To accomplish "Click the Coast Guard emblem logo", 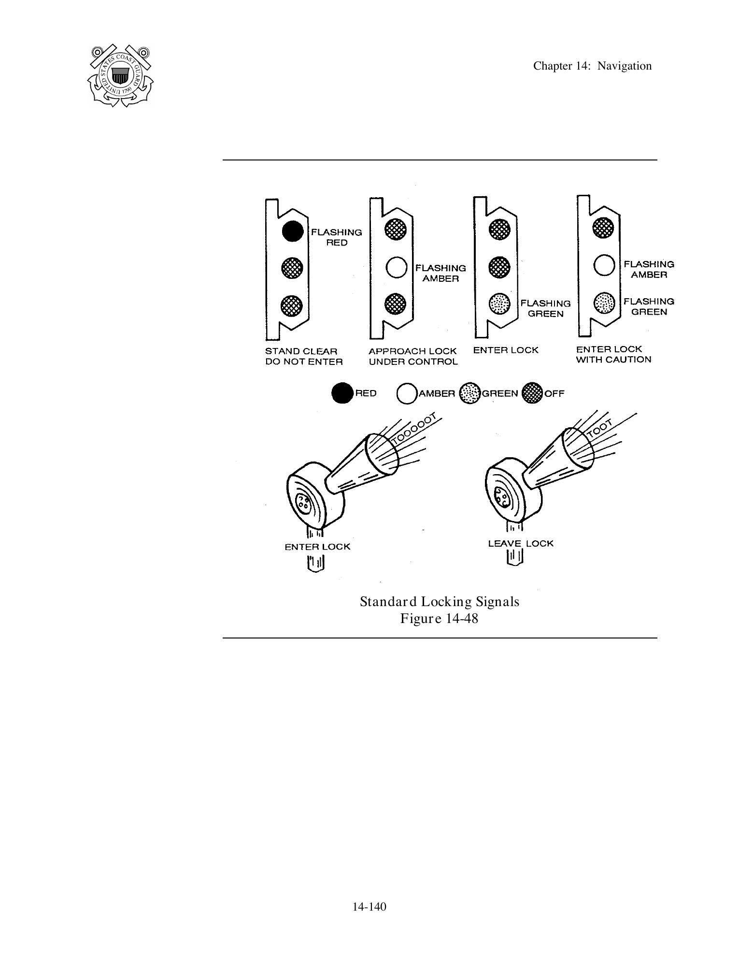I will (120, 75).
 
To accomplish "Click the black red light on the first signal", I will (292, 231).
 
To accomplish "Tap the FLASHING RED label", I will (336, 237).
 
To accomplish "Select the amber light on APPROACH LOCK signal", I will (396, 267).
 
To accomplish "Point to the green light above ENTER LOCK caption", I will (499, 304).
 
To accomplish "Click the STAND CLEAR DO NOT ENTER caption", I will (304, 356).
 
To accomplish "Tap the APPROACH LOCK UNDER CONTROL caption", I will (413, 356).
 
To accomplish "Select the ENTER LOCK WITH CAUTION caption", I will (613, 354).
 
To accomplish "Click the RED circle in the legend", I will (342, 393).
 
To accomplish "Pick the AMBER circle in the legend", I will (407, 393).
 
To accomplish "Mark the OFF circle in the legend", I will (533, 393).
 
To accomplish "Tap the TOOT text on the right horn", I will (600, 429).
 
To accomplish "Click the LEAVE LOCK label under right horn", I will (521, 543).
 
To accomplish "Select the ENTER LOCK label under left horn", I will (317, 547).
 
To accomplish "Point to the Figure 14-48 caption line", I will (439, 618).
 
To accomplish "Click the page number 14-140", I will (369, 907).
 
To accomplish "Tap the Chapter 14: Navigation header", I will (592, 66).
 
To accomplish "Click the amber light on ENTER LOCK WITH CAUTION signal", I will (604, 265).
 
